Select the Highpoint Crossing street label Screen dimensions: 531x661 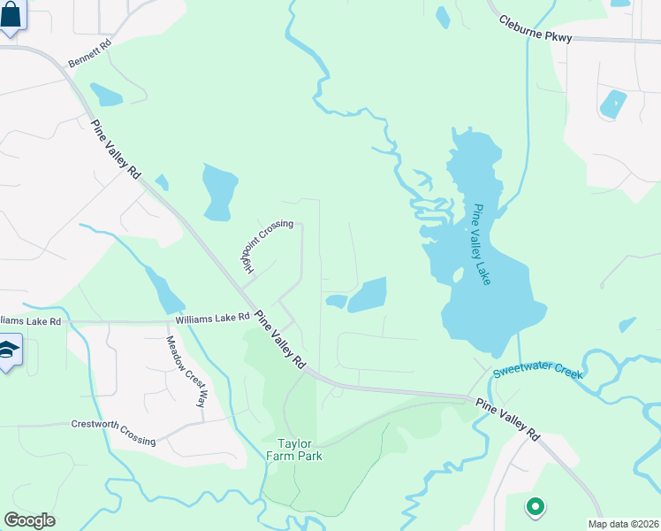point(266,245)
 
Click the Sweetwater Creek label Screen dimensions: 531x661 point(538,371)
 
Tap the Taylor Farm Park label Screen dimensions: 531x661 point(295,449)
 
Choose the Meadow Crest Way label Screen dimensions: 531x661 point(186,371)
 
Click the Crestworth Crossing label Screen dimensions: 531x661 point(113,432)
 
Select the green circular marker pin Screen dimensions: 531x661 point(534,507)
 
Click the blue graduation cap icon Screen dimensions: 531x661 point(8,352)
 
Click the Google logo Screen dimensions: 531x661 point(29,519)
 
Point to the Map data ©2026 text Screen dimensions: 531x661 point(623,524)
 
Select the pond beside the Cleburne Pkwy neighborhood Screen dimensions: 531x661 point(612,104)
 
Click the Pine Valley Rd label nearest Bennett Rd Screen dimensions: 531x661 point(115,149)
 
